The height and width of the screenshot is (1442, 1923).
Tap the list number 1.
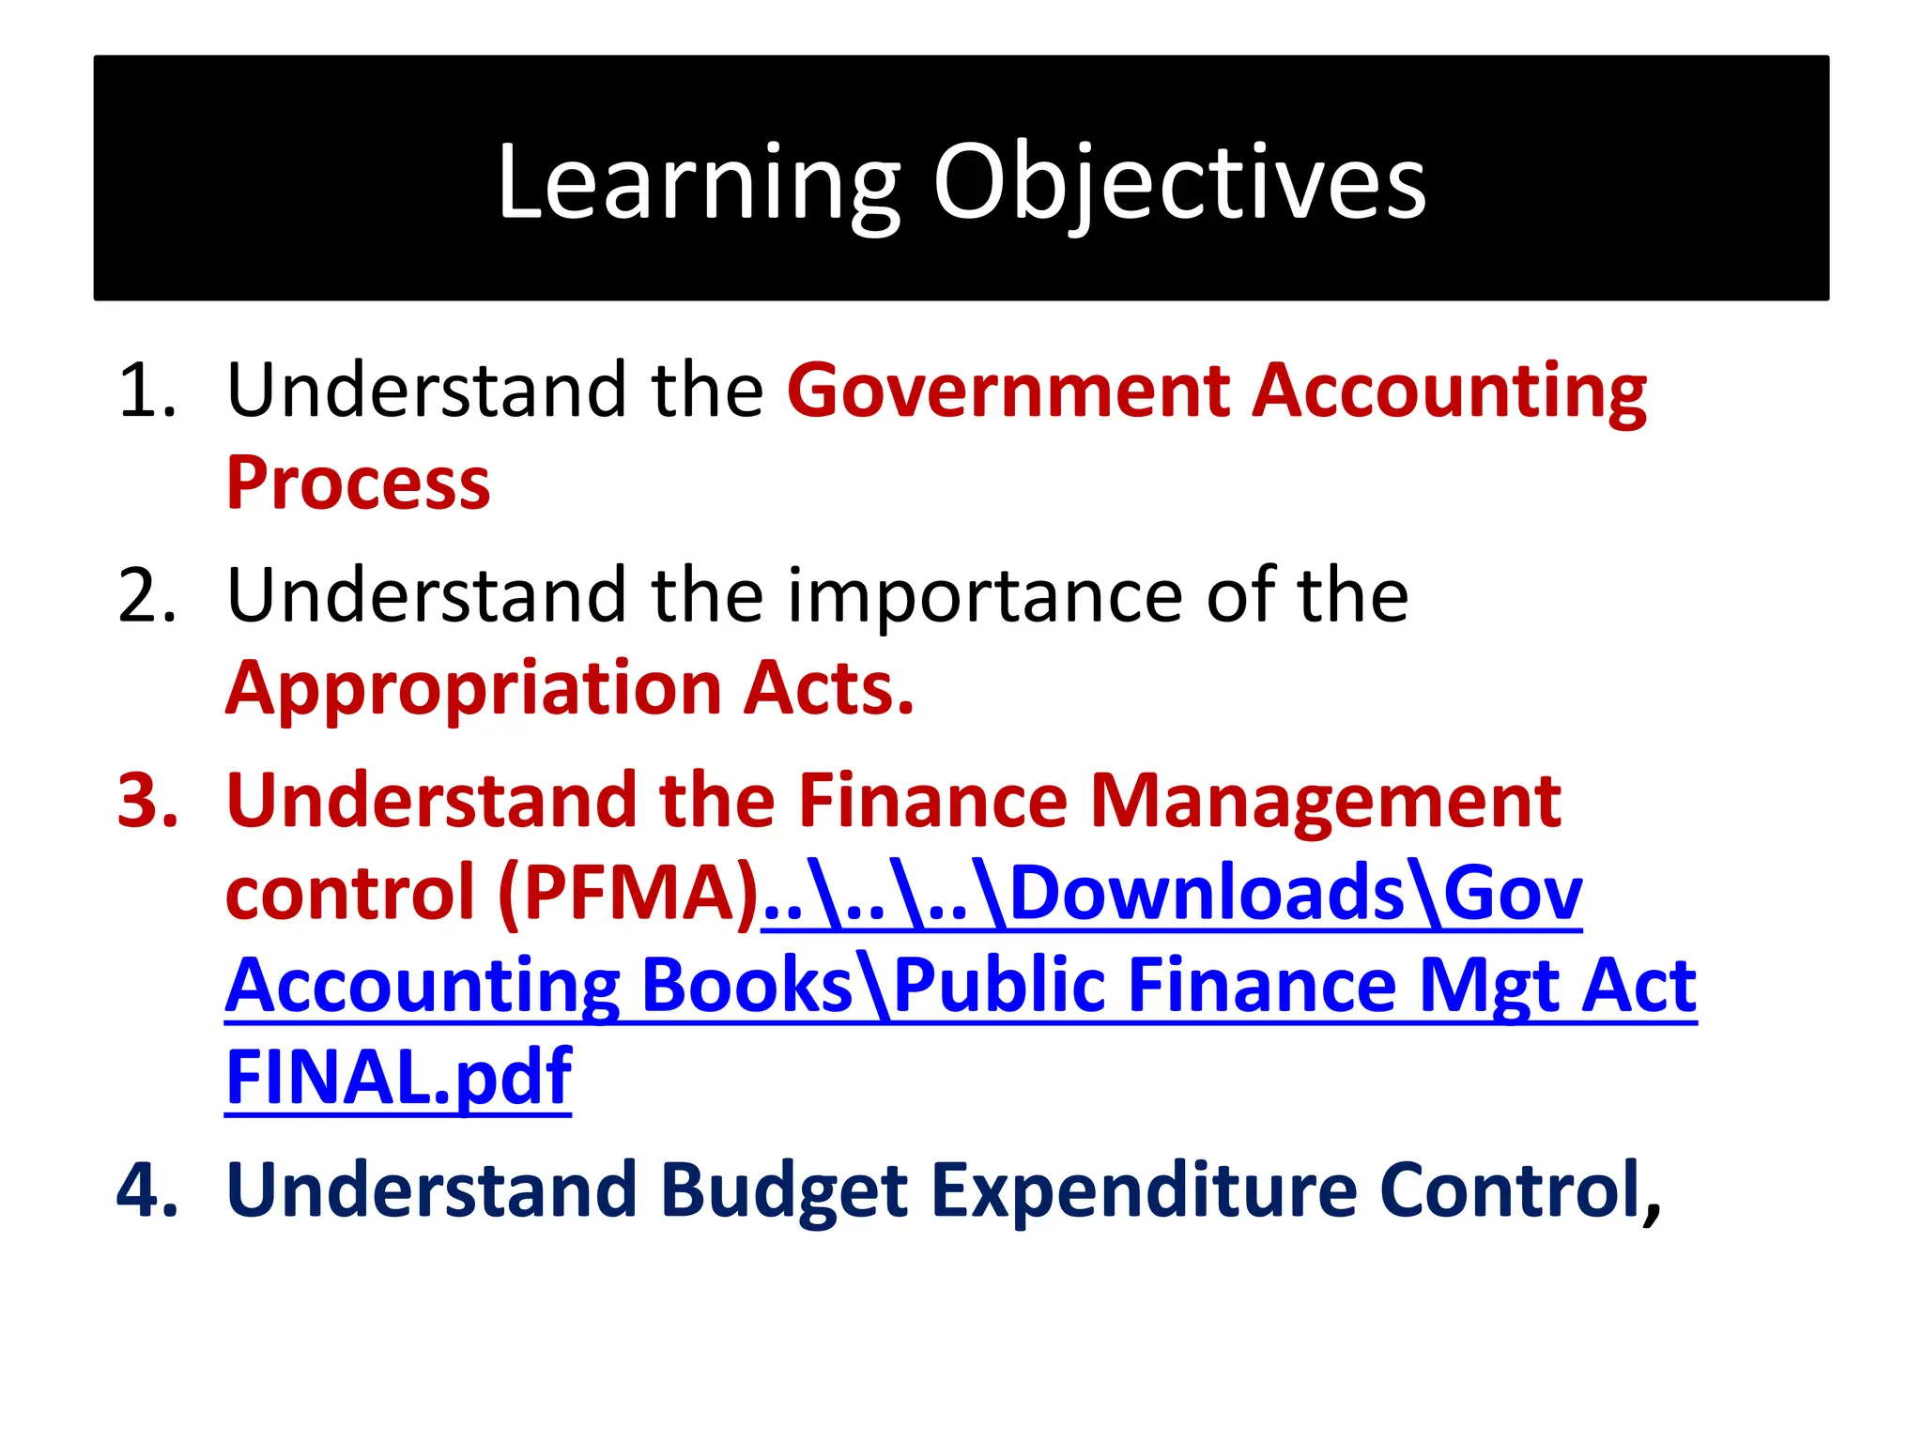click(146, 391)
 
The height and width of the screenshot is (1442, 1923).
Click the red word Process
click(358, 483)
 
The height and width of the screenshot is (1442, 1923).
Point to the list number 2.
click(146, 596)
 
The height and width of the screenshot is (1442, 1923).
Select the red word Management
click(1325, 801)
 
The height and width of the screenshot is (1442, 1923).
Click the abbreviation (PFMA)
click(628, 893)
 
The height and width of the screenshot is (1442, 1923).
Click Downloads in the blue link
click(1207, 893)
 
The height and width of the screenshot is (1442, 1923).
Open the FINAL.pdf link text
click(398, 1077)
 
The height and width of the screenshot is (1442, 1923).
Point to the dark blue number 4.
click(146, 1190)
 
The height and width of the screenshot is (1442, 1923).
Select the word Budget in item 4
click(783, 1190)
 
